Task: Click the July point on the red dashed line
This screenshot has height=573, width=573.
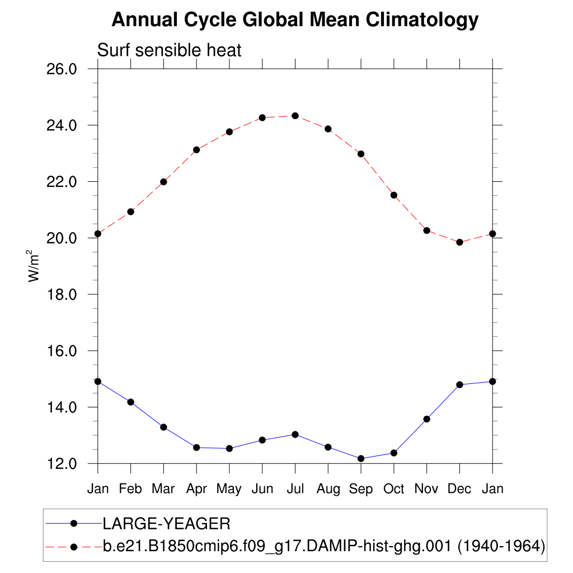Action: point(295,116)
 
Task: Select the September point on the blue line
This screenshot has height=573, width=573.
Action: point(361,459)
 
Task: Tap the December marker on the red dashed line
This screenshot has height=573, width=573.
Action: point(459,242)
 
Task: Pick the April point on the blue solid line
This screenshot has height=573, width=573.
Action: point(196,448)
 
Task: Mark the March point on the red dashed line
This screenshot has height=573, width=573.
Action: point(163,182)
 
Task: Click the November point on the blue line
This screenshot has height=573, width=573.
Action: point(426,419)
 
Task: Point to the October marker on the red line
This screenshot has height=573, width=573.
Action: point(394,195)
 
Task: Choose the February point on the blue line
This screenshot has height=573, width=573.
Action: point(130,402)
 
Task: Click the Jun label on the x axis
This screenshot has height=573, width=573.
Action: point(262,489)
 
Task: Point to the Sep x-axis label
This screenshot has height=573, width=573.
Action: point(361,489)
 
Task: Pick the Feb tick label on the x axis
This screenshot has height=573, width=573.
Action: point(130,489)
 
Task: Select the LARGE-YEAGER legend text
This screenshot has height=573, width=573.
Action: point(166,524)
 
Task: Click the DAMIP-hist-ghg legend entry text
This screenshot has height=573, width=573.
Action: point(324,546)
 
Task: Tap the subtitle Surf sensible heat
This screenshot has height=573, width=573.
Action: point(169,50)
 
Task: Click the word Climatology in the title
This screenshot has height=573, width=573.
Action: point(422,20)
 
